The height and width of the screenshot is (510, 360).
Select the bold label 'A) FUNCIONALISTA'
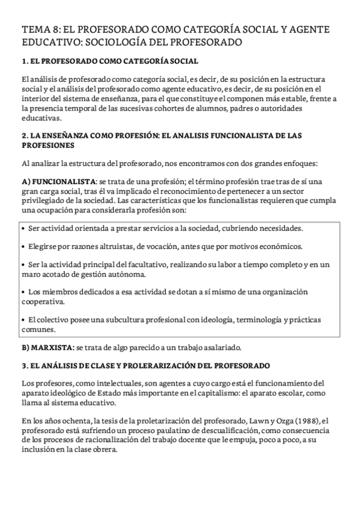click(x=58, y=181)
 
